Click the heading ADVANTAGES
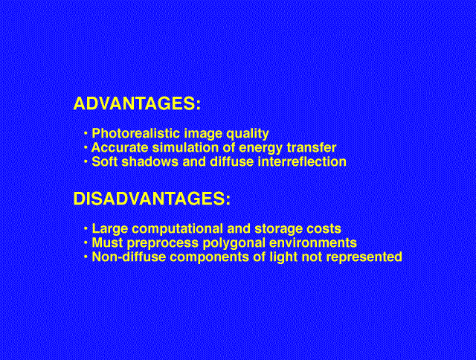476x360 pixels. [x=137, y=103]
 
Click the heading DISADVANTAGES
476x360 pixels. [x=152, y=199]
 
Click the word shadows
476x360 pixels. [x=150, y=161]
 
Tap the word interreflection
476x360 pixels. [x=302, y=161]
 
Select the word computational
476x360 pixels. [x=177, y=229]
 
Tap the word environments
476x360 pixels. [x=313, y=242]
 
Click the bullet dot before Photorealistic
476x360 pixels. [x=86, y=133]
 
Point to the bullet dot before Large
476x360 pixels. [x=86, y=228]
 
